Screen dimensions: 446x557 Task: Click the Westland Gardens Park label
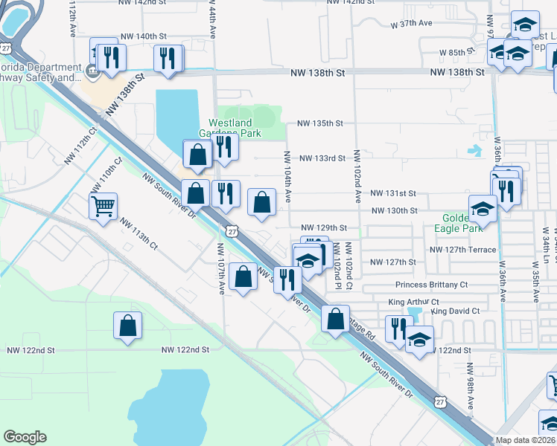click(235, 128)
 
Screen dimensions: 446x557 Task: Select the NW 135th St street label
click(319, 123)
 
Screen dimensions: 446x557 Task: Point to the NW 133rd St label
click(322, 158)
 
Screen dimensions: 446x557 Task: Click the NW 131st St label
click(392, 193)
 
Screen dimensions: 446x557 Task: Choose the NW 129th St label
click(324, 227)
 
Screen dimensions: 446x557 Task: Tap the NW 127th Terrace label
click(462, 250)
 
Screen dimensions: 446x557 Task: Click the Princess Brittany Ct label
click(431, 285)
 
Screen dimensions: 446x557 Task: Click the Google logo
click(25, 437)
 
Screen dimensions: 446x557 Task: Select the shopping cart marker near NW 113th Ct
click(104, 206)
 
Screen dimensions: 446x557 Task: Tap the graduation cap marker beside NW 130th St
click(483, 208)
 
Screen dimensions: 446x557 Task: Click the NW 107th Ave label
click(221, 268)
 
